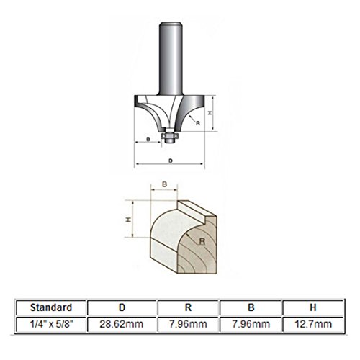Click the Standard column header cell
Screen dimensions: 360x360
click(51, 307)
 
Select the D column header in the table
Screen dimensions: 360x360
click(122, 307)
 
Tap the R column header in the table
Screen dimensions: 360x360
click(188, 307)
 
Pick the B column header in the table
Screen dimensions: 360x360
click(251, 307)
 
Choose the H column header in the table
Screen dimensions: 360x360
click(313, 307)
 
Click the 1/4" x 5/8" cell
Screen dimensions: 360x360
click(51, 324)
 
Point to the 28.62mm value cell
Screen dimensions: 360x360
click(122, 324)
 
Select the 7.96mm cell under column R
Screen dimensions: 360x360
click(188, 324)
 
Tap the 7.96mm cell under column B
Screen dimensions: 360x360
click(251, 324)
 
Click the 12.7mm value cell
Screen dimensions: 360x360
click(313, 324)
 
